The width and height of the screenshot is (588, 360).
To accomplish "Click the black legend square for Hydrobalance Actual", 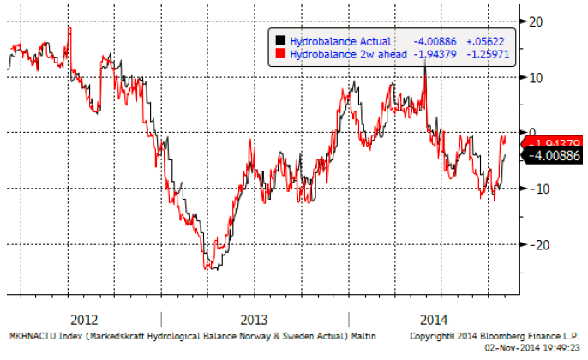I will coord(279,40).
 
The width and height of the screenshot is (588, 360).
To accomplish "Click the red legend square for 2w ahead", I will coord(279,53).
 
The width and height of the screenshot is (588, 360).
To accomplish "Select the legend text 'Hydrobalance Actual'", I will coord(340,40).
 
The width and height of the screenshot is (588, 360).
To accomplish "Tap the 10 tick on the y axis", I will coord(537,77).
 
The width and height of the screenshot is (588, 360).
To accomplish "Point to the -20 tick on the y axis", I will coord(538,244).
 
